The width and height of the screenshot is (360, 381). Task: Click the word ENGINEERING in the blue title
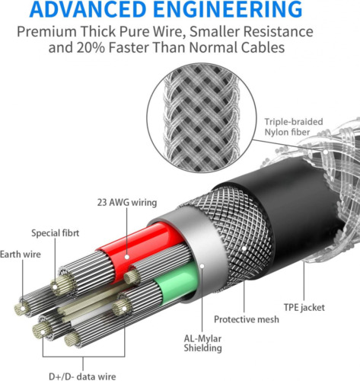coord(228,9)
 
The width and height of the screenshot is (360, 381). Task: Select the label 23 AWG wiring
coord(127,203)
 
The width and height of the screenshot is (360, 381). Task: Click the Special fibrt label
coord(56,233)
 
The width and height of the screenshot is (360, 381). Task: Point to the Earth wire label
coord(21,255)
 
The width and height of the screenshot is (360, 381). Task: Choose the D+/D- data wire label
coord(82,376)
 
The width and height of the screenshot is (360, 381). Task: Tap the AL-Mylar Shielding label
coord(202,343)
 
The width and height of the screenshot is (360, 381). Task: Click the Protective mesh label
coord(247,319)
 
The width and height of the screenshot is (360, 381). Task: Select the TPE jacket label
coord(304,307)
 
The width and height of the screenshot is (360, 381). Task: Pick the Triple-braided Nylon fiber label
coord(294,127)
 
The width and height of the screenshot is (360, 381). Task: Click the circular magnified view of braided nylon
coord(202,118)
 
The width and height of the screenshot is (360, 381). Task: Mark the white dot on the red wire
coord(127,257)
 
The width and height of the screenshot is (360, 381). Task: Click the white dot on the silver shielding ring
coord(202,266)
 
